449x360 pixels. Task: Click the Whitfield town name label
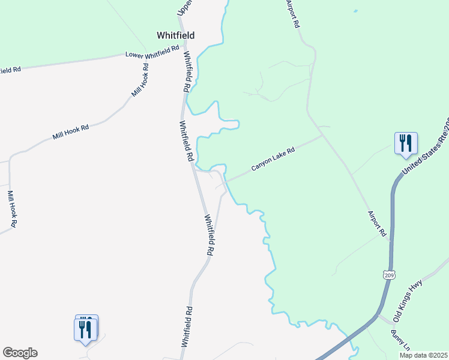tap(176, 35)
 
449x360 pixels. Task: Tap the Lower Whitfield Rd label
tap(152, 53)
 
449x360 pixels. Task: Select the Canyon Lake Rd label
tap(273, 160)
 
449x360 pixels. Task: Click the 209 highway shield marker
tap(388, 275)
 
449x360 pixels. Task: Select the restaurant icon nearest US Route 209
tap(406, 144)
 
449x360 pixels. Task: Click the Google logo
tap(20, 353)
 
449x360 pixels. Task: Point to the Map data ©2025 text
tap(423, 355)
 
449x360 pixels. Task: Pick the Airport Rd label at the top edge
tap(293, 13)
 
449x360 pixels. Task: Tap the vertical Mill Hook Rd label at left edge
tap(11, 209)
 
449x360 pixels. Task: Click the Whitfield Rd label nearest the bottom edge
tap(187, 327)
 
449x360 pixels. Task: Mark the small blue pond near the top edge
tap(355, 11)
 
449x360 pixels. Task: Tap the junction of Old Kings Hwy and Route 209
tap(378, 314)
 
